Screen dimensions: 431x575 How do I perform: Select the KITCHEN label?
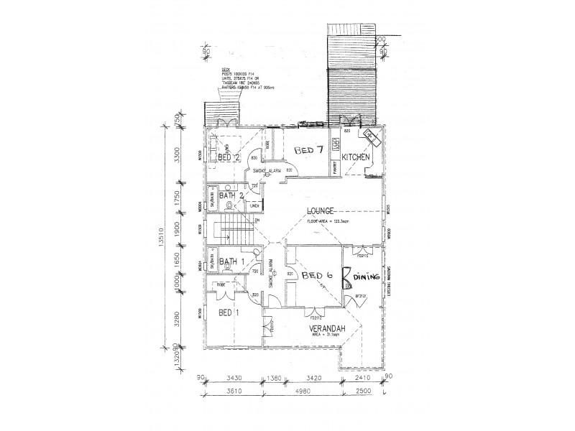click(x=356, y=157)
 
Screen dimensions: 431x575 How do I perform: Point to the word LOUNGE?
click(x=321, y=210)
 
